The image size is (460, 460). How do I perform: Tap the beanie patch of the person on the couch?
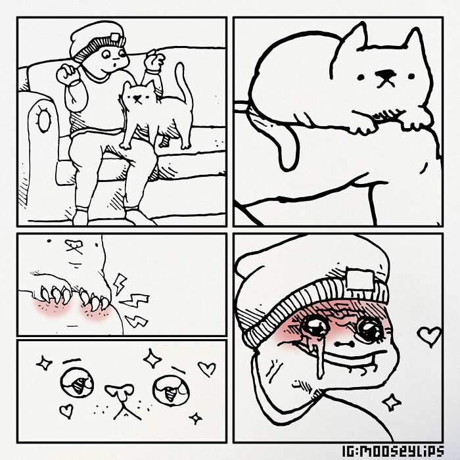point(113,37)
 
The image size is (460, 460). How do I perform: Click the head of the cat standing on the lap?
point(138,96)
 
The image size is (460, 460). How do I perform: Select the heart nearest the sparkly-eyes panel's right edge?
point(207,369)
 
